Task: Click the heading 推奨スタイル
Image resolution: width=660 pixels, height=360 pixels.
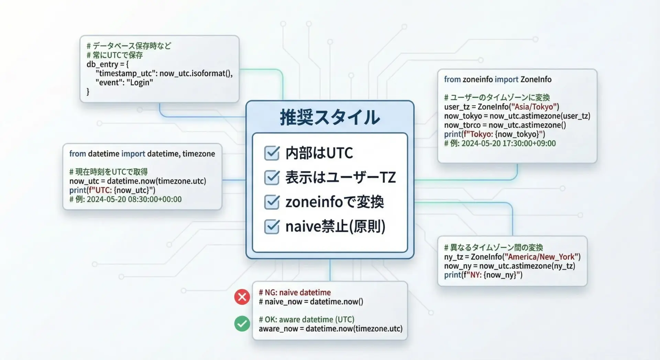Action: tap(330, 117)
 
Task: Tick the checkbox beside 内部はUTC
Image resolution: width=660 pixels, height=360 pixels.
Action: tap(272, 153)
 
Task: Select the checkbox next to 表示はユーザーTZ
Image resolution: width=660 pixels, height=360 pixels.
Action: tap(272, 177)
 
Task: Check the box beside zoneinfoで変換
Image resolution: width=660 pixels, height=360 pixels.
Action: tap(272, 202)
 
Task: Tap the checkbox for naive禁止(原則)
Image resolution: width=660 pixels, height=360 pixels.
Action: tap(272, 226)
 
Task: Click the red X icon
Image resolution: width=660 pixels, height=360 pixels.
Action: tap(242, 297)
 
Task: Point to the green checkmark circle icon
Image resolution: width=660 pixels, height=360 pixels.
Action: tap(242, 324)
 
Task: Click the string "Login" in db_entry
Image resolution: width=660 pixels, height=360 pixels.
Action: tap(140, 83)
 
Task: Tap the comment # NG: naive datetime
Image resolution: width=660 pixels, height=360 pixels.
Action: tap(295, 293)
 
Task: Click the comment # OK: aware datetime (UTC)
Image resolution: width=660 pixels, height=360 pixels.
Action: tap(307, 319)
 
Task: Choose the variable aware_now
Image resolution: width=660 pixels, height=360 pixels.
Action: tap(278, 329)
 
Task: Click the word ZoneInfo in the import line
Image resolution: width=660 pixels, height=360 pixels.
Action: tap(536, 79)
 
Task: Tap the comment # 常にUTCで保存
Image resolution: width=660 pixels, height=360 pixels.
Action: tap(114, 55)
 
